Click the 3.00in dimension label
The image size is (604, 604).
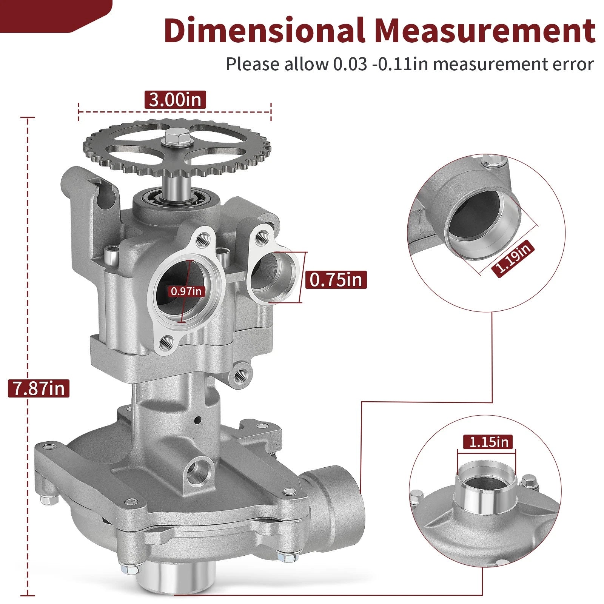[175, 100]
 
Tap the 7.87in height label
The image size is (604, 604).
[39, 388]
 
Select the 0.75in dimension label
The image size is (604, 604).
[336, 280]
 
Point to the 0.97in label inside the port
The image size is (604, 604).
[186, 291]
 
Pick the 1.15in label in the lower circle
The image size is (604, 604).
[489, 441]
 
